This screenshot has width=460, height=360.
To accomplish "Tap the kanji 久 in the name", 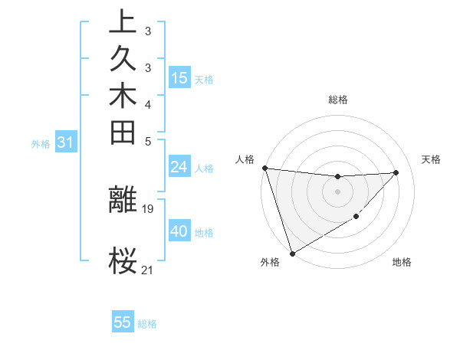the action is coord(123,61).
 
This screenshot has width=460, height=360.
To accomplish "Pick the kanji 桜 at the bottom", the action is coord(123,260).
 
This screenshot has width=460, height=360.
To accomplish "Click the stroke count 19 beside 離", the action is coord(148,208).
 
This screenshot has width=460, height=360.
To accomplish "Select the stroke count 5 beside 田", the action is coord(148,141).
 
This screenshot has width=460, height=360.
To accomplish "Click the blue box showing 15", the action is coord(179,77).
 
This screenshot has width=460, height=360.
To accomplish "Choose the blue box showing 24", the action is coord(179,167).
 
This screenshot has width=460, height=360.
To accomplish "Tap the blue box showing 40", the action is coord(179,231).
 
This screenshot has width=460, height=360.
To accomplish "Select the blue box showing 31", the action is coord(66,142).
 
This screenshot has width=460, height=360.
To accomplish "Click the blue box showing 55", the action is coord(123,322).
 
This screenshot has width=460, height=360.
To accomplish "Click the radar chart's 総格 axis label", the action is coord(338,100).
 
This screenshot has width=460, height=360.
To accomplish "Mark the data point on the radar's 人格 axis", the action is coord(264,168).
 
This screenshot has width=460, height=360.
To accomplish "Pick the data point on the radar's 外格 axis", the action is coord(292,254).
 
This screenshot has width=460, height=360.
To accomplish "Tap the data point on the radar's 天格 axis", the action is coord(396,172).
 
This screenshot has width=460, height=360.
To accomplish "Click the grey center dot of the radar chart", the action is coord(337,191).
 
